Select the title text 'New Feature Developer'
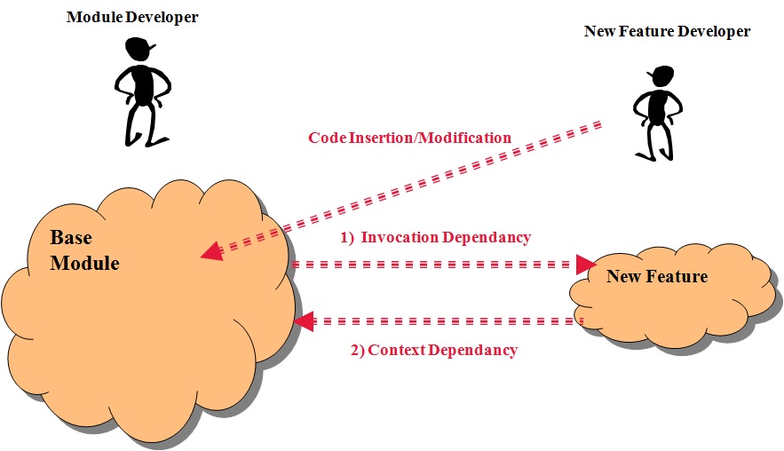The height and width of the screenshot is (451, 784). pos(667,31)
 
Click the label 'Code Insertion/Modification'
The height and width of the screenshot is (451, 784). pos(409,138)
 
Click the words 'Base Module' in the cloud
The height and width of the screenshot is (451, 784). pos(84,250)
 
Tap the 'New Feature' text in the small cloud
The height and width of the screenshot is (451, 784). pos(657,276)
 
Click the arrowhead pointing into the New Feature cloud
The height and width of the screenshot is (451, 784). pos(586,264)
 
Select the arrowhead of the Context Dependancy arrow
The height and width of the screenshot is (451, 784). pos(305,320)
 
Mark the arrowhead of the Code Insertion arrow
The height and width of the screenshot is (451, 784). pos(211,252)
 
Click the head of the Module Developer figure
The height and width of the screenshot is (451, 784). pos(139,49)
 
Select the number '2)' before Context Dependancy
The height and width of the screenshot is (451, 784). pos(357,349)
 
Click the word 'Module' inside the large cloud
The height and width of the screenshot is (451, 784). pos(84,263)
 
